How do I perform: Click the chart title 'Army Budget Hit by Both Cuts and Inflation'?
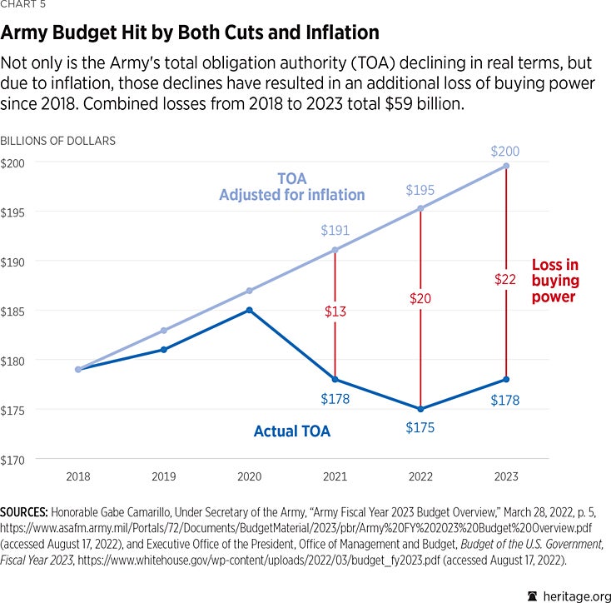click(x=190, y=33)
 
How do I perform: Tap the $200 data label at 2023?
click(x=505, y=151)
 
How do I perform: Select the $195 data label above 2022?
click(x=420, y=191)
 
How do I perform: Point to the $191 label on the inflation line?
click(x=335, y=231)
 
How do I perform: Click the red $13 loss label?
click(x=335, y=311)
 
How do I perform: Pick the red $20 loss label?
click(x=420, y=298)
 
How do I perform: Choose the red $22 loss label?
click(x=505, y=281)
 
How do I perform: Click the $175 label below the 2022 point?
click(x=420, y=428)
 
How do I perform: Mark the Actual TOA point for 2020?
click(x=250, y=310)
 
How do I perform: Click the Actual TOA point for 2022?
click(x=420, y=409)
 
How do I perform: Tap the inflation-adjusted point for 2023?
click(x=505, y=166)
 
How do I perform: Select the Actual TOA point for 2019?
click(x=164, y=349)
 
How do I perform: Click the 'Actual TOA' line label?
click(x=291, y=431)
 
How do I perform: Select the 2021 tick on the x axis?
click(x=335, y=477)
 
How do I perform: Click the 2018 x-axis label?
click(x=77, y=477)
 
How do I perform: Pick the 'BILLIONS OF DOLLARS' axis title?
click(x=58, y=141)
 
